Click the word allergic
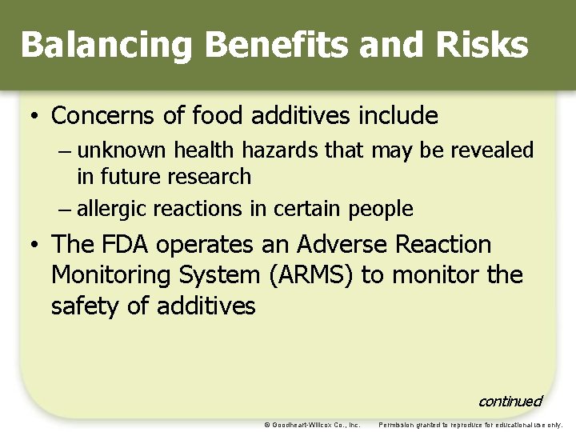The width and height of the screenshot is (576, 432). point(112,210)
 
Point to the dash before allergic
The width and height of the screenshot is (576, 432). point(65,210)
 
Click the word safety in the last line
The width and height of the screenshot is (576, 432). point(90,306)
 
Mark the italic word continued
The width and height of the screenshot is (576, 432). point(510,401)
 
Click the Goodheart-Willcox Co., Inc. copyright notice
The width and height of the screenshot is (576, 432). point(312,425)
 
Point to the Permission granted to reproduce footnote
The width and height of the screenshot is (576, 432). point(470,425)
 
